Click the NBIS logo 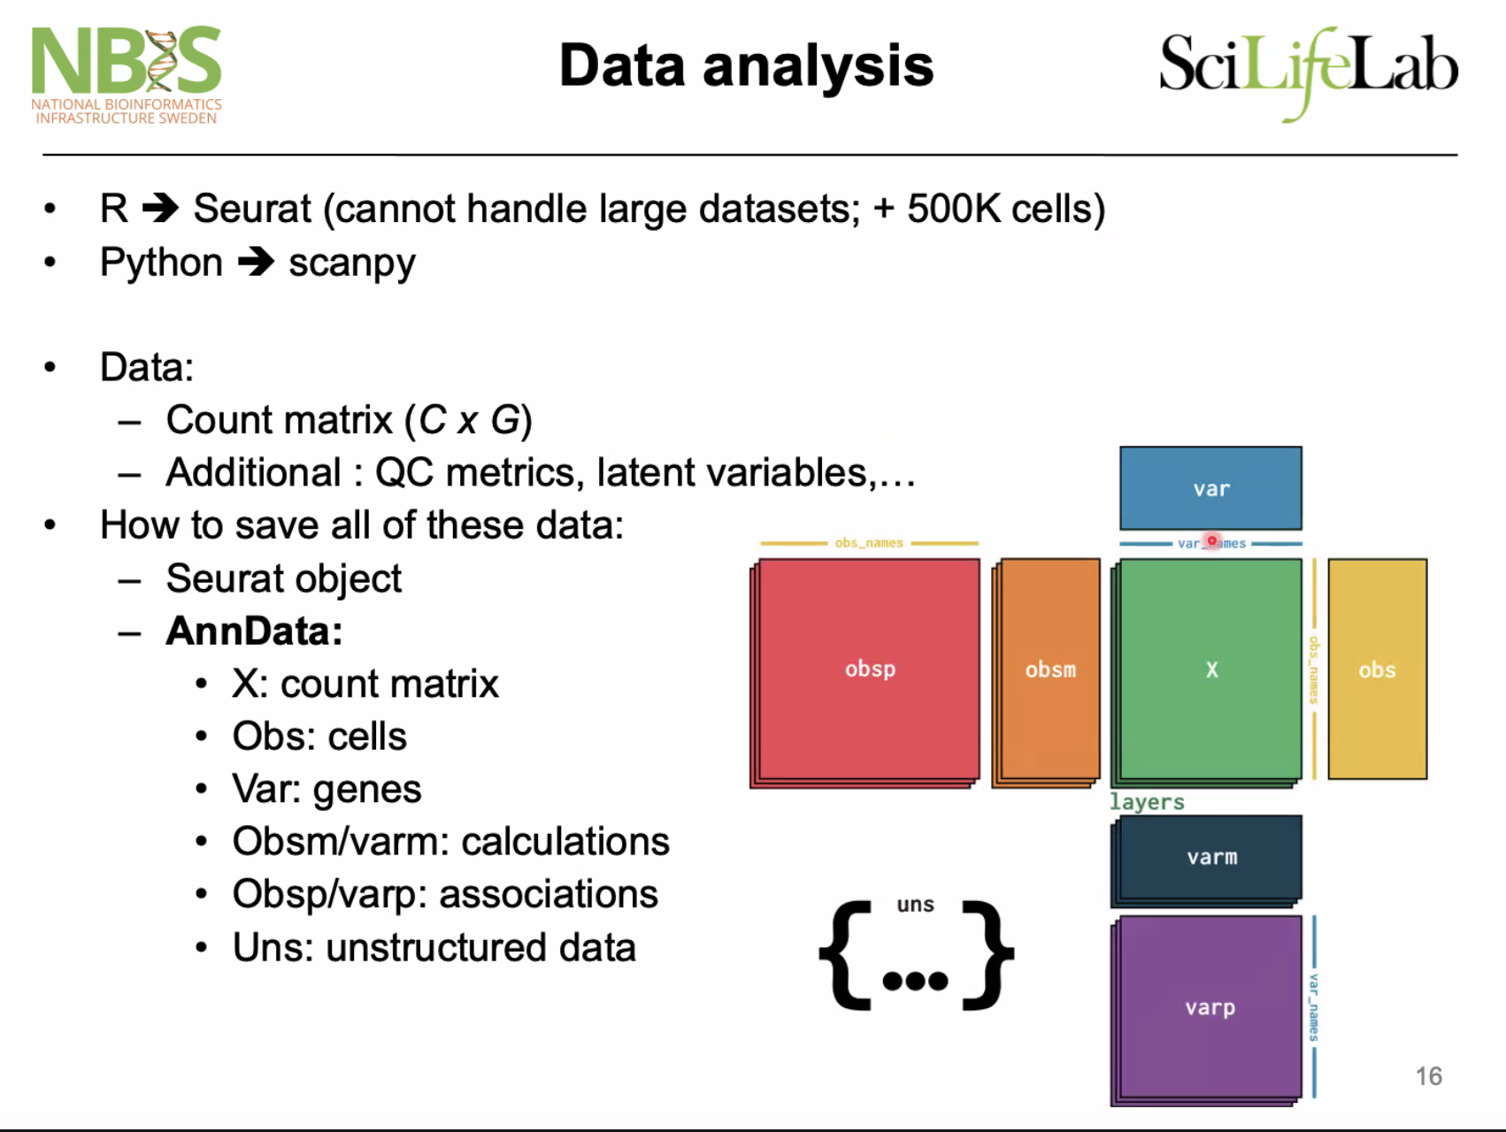127,75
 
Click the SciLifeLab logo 1309,73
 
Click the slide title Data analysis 747,65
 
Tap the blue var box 1210,488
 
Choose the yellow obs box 1378,669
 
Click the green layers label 1147,802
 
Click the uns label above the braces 915,905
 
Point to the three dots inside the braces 915,980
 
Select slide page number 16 1429,1075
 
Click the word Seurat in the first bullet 252,209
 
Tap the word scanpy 352,264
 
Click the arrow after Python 257,262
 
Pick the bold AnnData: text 255,631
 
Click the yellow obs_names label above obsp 869,542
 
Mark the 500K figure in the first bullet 954,209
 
